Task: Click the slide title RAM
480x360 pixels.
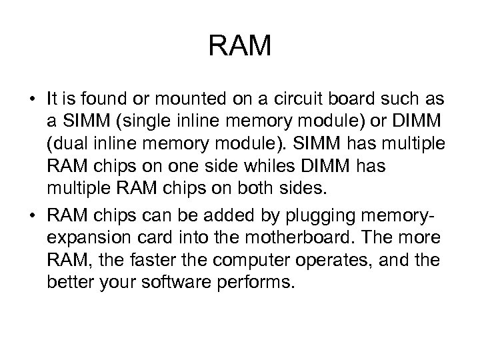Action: point(240,47)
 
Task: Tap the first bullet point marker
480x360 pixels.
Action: point(32,100)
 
